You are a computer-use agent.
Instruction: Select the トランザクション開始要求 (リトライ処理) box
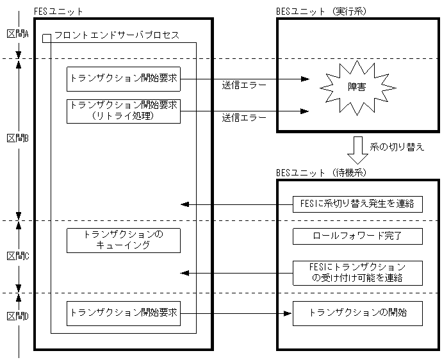tap(124, 110)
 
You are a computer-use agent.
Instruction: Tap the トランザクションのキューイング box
tap(124, 240)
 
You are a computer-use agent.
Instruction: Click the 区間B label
tap(18, 138)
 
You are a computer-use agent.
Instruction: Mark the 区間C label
tap(18, 256)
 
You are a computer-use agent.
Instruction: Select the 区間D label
tap(18, 316)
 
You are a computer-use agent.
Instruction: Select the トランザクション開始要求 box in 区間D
tap(124, 313)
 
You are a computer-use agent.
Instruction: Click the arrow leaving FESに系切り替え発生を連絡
tap(237, 204)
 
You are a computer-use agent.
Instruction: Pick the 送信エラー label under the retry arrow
tap(244, 118)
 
